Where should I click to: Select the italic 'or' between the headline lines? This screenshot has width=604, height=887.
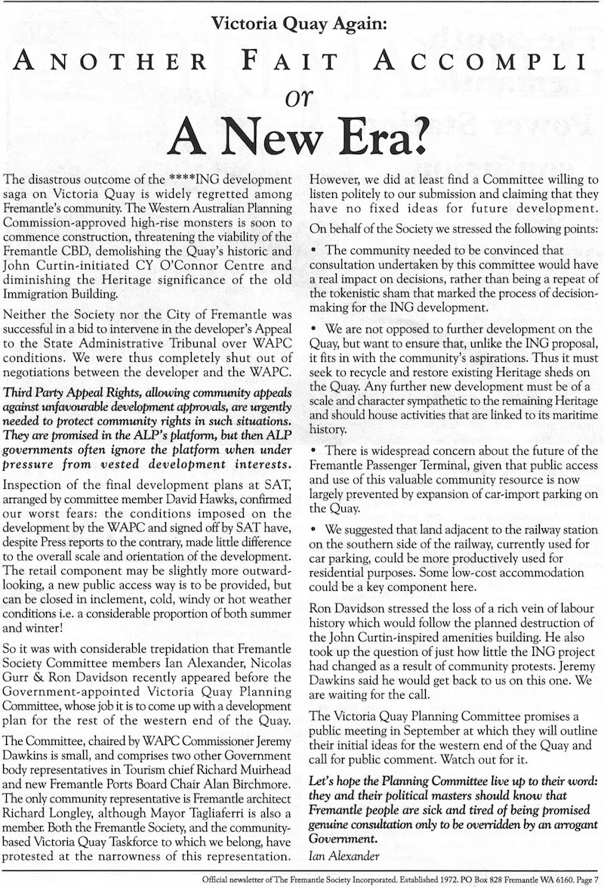pyautogui.click(x=301, y=98)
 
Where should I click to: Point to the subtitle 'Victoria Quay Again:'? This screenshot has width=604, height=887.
pyautogui.click(x=301, y=23)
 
